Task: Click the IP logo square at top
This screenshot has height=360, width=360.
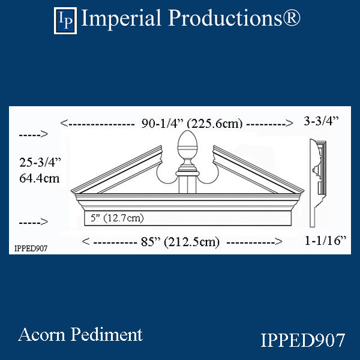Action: click(x=65, y=20)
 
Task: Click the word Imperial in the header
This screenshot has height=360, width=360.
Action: click(x=121, y=19)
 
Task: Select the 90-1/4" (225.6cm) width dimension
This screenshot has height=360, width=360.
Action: click(x=192, y=124)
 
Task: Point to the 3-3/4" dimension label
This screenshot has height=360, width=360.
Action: click(x=321, y=121)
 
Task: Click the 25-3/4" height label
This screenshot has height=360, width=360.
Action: click(x=40, y=163)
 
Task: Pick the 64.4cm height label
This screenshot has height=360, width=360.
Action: click(x=39, y=178)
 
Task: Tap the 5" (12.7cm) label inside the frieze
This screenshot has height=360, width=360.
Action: click(x=117, y=218)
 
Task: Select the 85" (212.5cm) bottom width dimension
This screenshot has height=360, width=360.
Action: click(x=180, y=242)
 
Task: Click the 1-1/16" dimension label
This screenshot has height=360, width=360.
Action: click(x=325, y=241)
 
